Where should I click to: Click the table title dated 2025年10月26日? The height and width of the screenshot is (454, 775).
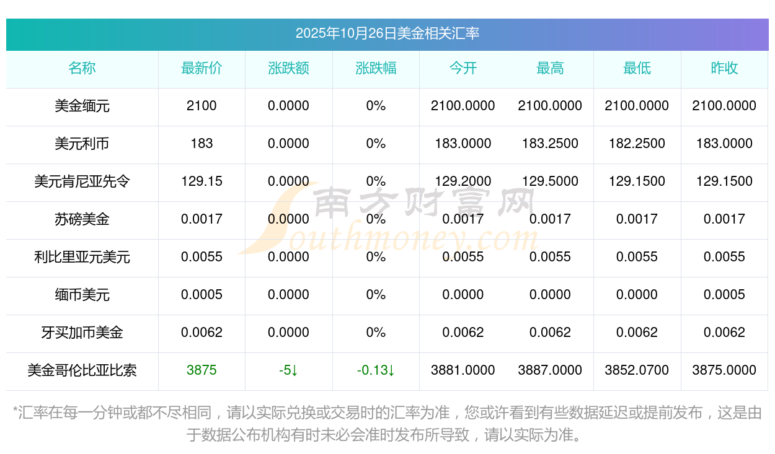tap(387, 33)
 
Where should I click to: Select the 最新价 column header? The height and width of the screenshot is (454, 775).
tap(201, 68)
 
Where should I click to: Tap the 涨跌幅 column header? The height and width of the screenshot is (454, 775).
tap(376, 68)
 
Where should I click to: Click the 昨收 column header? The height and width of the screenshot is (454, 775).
tap(724, 68)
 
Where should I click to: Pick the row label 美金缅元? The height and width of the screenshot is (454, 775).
tap(82, 106)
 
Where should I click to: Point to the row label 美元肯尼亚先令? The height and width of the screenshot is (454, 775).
tap(82, 181)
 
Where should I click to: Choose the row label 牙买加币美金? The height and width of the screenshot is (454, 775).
tap(82, 333)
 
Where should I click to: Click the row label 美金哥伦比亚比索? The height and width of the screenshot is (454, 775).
tap(82, 370)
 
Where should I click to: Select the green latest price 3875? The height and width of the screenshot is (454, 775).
tap(201, 370)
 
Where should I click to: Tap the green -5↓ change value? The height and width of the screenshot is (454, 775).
tap(288, 370)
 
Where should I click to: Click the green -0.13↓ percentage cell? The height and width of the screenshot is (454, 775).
tap(376, 370)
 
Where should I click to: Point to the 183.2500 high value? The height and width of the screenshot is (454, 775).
tap(550, 144)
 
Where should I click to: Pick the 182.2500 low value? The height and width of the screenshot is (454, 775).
tap(637, 144)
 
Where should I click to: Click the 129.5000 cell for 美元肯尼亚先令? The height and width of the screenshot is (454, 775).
tap(550, 181)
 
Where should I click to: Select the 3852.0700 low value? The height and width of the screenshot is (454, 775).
tap(637, 370)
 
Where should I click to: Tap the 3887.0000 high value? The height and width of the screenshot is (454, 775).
tap(550, 370)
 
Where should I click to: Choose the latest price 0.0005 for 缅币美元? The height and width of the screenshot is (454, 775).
tap(201, 295)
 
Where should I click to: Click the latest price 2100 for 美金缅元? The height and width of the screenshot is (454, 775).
tap(201, 106)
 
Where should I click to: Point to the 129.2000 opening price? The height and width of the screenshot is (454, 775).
tap(463, 181)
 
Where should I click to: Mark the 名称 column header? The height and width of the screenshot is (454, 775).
tap(82, 68)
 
